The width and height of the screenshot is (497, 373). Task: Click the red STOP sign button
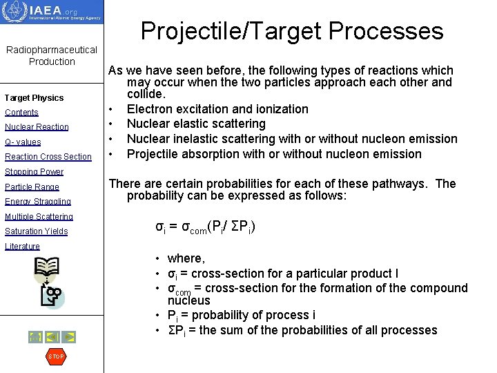55,356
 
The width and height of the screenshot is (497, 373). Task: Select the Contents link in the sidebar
21,113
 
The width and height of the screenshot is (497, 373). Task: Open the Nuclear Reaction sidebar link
37,127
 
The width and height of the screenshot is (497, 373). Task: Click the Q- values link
23,142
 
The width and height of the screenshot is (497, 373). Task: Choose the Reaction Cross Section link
48,157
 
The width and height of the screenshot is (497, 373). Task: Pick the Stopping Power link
34,172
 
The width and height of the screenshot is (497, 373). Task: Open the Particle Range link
32,187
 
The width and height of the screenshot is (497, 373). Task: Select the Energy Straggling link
37,202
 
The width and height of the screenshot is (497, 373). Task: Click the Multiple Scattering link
39,217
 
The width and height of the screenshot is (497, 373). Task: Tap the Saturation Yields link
36,231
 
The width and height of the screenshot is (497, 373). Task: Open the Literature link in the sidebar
22,247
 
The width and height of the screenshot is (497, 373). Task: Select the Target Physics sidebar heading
34,98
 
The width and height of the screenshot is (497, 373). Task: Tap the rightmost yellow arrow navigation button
69,337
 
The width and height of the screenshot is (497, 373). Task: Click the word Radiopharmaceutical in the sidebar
52,50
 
